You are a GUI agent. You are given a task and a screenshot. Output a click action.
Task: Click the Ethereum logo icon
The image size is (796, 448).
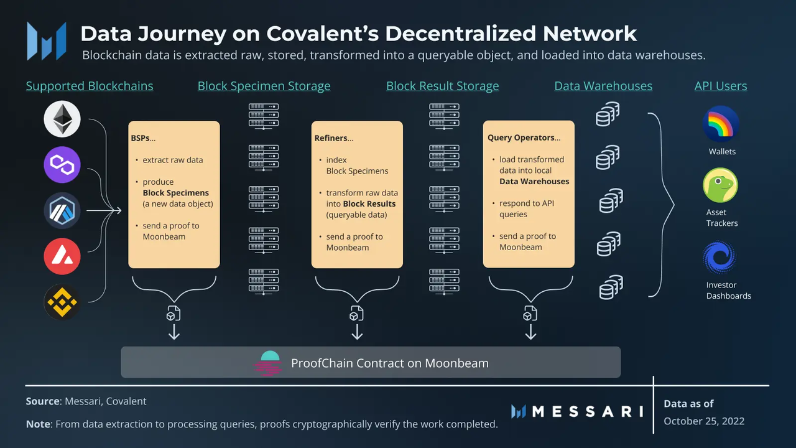(x=62, y=119)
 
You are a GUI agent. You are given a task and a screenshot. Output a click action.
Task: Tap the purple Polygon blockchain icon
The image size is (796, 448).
(x=62, y=165)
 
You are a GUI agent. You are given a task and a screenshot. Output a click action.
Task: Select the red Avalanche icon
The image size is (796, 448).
(x=62, y=256)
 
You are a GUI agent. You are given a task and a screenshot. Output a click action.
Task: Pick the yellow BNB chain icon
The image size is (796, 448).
(x=62, y=302)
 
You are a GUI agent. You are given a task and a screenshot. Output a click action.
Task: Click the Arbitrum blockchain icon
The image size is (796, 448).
(x=62, y=211)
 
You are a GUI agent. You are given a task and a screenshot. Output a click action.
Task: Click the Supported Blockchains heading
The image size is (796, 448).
(x=90, y=86)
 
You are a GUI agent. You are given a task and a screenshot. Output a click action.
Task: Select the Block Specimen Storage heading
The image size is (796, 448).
(x=264, y=86)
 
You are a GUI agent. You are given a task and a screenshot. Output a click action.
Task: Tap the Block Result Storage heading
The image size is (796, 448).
(x=442, y=86)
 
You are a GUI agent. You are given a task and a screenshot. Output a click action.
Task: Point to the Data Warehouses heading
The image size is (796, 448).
(x=603, y=86)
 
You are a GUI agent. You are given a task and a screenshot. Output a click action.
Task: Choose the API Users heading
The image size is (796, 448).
(x=721, y=86)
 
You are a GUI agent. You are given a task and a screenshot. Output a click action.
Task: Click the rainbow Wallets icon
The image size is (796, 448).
(x=721, y=124)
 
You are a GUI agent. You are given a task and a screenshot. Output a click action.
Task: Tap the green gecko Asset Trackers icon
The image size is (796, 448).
(x=721, y=185)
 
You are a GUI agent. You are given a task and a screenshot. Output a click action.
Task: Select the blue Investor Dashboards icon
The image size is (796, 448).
(x=720, y=258)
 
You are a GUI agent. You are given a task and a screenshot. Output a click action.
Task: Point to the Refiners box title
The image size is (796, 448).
(x=334, y=138)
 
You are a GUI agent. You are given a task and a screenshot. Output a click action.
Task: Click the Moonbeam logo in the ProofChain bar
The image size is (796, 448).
(x=268, y=363)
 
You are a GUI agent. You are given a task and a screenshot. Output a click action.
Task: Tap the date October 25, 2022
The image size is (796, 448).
(x=704, y=421)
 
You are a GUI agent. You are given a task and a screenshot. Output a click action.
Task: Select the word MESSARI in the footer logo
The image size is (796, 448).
(x=588, y=411)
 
